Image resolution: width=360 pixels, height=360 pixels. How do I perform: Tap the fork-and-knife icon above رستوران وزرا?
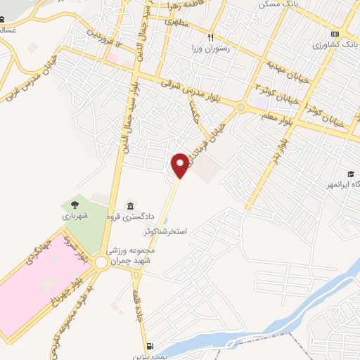tap(210, 37)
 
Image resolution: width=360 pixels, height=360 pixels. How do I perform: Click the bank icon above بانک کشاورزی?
tap(335, 34)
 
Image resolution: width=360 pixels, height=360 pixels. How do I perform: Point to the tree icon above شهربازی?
tap(74, 205)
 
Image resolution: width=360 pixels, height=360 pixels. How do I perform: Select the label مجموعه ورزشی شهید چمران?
tap(134, 255)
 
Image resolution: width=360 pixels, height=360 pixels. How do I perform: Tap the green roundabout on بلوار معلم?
tap(241, 108)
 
